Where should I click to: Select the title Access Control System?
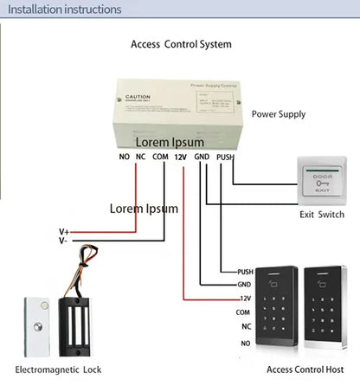point(181,44)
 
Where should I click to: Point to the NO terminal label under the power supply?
point(123,157)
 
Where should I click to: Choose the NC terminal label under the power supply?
point(140,157)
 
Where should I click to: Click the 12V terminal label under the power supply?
point(180,157)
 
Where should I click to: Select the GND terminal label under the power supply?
point(202,157)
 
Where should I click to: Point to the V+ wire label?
point(64,231)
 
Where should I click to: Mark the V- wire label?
point(63,241)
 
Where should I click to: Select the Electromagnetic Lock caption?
point(58,370)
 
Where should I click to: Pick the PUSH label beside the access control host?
point(244,272)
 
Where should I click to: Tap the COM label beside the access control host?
point(243,312)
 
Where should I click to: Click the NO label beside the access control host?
point(245,343)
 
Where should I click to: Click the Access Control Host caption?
point(304,370)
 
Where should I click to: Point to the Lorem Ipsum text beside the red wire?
point(144,209)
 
